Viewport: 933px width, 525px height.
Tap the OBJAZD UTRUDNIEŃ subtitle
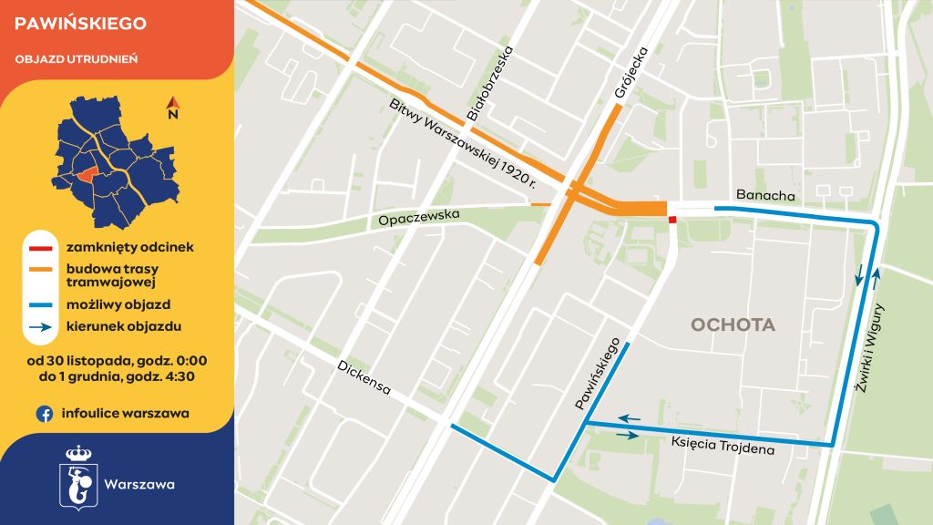point(77,59)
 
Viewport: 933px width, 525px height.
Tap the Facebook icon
point(44,414)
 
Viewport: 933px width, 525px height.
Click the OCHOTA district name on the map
point(733,325)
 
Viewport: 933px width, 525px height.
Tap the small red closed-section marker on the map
point(672,220)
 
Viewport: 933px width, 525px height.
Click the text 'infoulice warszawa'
point(126,414)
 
